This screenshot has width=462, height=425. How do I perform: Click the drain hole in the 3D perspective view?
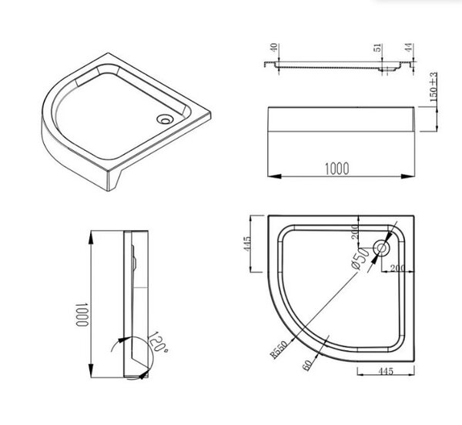pyautogui.click(x=164, y=119)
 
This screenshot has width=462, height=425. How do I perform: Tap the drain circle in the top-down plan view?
pyautogui.click(x=382, y=249)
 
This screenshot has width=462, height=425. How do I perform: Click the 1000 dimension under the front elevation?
pyautogui.click(x=336, y=168)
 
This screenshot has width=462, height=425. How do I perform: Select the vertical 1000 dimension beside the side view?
pyautogui.click(x=82, y=315)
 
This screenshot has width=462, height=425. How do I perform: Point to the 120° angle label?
pyautogui.click(x=158, y=343)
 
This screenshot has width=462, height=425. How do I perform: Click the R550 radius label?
pyautogui.click(x=279, y=350)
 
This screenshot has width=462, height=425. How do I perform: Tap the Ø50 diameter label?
pyautogui.click(x=360, y=258)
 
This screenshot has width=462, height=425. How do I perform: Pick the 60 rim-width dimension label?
pyautogui.click(x=307, y=366)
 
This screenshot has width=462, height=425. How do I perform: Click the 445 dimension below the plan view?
pyautogui.click(x=385, y=371)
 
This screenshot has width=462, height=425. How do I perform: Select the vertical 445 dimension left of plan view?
pyautogui.click(x=247, y=244)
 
